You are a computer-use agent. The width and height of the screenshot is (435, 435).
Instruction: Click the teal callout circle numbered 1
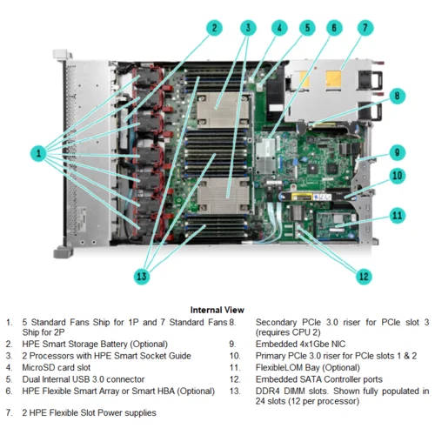[38, 153]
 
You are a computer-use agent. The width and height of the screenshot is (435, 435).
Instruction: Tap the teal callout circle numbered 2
[214, 28]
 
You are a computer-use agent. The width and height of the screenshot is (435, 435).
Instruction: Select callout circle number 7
[365, 28]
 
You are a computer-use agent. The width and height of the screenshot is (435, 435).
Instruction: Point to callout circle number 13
[142, 276]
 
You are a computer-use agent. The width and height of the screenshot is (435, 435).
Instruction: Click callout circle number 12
[364, 276]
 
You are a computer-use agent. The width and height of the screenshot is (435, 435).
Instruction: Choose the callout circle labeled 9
[397, 152]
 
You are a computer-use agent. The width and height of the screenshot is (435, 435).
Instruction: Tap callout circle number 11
[397, 215]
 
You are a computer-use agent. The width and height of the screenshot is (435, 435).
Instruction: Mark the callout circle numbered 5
[307, 28]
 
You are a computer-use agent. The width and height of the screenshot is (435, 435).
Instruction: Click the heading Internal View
[217, 310]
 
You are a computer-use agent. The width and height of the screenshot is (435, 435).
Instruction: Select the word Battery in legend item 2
[111, 345]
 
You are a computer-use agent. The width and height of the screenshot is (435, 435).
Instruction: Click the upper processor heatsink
[223, 110]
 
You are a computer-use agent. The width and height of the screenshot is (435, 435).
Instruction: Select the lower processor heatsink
[223, 196]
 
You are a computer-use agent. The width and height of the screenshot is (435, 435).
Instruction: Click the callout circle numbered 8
[397, 96]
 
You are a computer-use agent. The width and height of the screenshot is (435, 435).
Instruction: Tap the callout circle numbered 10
[397, 176]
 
